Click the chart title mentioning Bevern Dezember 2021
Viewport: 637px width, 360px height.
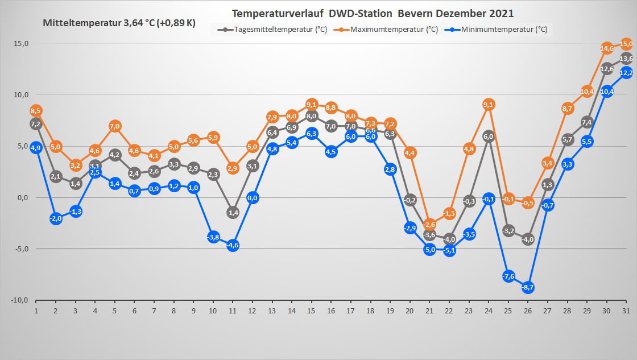pyautogui.click(x=372, y=13)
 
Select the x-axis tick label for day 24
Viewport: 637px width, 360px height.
pyautogui.click(x=488, y=311)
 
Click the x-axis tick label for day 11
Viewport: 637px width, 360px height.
pyautogui.click(x=233, y=311)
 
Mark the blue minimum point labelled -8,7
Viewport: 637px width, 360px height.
pyautogui.click(x=528, y=287)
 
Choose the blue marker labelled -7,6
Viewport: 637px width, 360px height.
pyautogui.click(x=508, y=276)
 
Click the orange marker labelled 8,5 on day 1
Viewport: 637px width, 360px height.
pyautogui.click(x=36, y=110)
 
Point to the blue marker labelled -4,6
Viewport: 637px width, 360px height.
pyautogui.click(x=233, y=245)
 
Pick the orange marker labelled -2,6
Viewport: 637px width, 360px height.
pyautogui.click(x=429, y=224)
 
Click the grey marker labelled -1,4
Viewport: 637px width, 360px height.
pyautogui.click(x=233, y=212)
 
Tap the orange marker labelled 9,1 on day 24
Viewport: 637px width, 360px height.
pyautogui.click(x=488, y=104)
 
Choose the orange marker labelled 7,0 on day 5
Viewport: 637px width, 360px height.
pyautogui.click(x=114, y=126)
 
